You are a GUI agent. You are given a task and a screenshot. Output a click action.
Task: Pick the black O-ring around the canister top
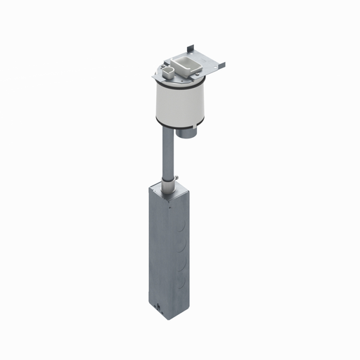[x=180, y=86]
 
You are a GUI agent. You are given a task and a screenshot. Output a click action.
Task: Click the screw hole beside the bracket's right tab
[x=216, y=67]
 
